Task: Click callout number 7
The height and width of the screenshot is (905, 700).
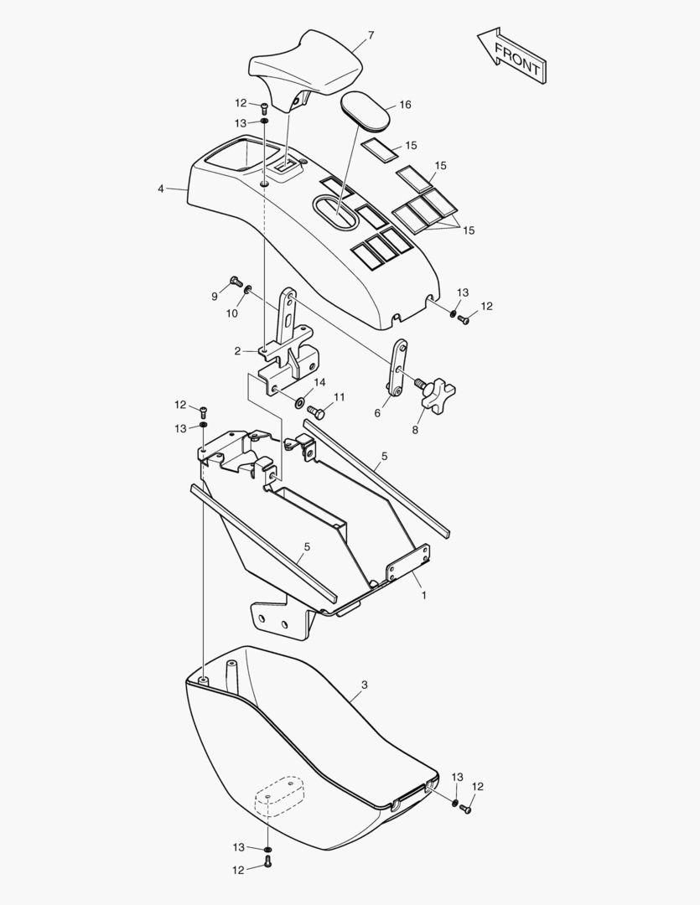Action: click(x=371, y=35)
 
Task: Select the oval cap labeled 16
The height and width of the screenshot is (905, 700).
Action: click(x=366, y=111)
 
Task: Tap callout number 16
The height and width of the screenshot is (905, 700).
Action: click(x=406, y=105)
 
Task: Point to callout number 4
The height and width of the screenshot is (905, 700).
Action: click(x=161, y=189)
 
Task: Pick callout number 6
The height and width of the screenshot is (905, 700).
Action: click(x=377, y=413)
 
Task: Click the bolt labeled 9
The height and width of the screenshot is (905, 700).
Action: click(x=236, y=281)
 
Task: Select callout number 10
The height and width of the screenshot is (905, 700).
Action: click(x=231, y=313)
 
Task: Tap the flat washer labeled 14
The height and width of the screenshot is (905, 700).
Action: click(x=301, y=401)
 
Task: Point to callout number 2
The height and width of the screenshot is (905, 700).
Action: click(x=237, y=351)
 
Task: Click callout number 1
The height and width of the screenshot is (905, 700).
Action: click(x=423, y=595)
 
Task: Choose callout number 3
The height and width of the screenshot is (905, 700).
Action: click(x=364, y=685)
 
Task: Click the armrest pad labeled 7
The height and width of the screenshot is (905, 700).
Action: click(x=305, y=69)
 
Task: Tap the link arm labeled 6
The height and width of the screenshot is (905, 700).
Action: click(x=397, y=368)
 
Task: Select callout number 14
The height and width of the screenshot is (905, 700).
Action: click(x=319, y=383)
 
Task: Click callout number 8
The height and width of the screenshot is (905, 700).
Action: click(x=415, y=430)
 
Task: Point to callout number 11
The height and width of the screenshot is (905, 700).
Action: click(x=339, y=397)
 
